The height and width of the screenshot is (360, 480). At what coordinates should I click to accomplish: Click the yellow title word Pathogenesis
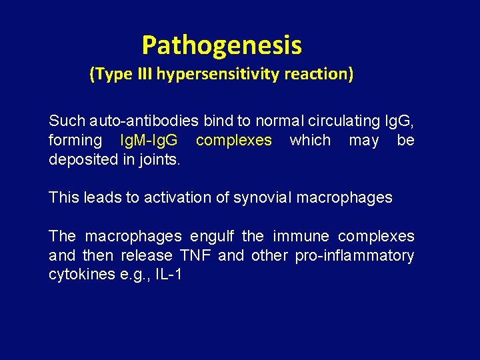pyautogui.click(x=221, y=46)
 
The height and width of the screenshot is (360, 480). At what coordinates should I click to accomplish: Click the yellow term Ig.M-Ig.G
pyautogui.click(x=148, y=141)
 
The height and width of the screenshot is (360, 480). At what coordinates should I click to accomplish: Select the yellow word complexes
pyautogui.click(x=234, y=141)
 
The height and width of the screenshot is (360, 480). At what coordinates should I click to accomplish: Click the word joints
pyautogui.click(x=162, y=160)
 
